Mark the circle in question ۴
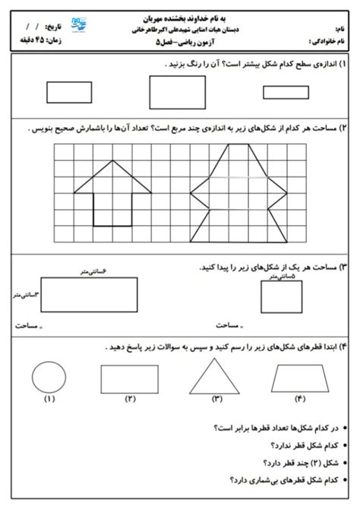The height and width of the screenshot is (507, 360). [50, 374]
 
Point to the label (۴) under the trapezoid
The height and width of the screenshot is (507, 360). [299, 399]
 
